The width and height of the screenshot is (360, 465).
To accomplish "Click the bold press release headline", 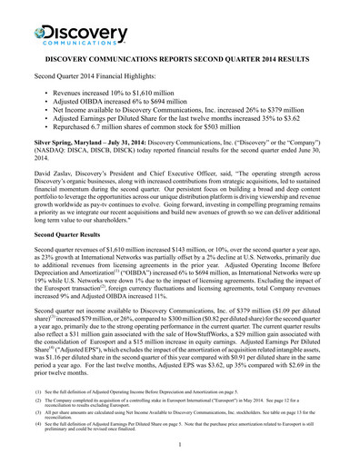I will [180, 57].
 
